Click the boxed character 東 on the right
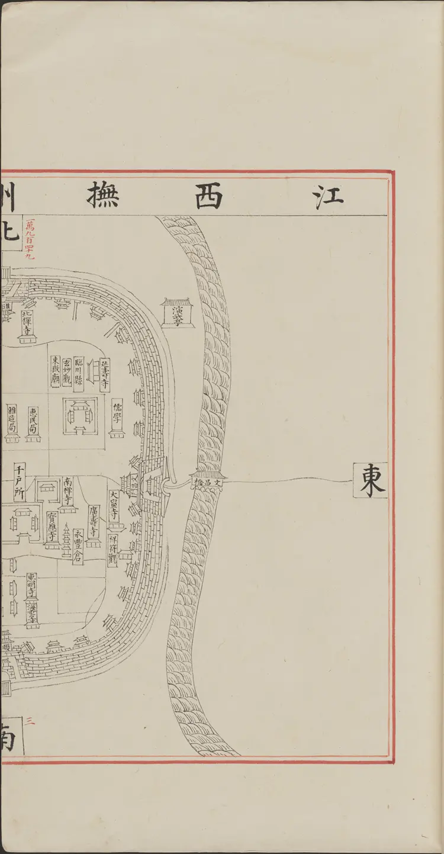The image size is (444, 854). click(371, 480)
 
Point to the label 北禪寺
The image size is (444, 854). click(27, 321)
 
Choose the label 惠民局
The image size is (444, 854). click(34, 419)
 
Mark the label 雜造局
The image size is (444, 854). click(12, 419)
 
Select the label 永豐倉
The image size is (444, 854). click(78, 547)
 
